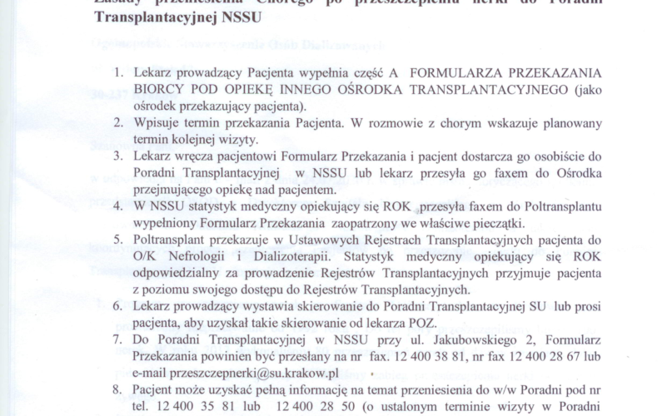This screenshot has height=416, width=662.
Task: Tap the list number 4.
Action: tap(119, 205)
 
